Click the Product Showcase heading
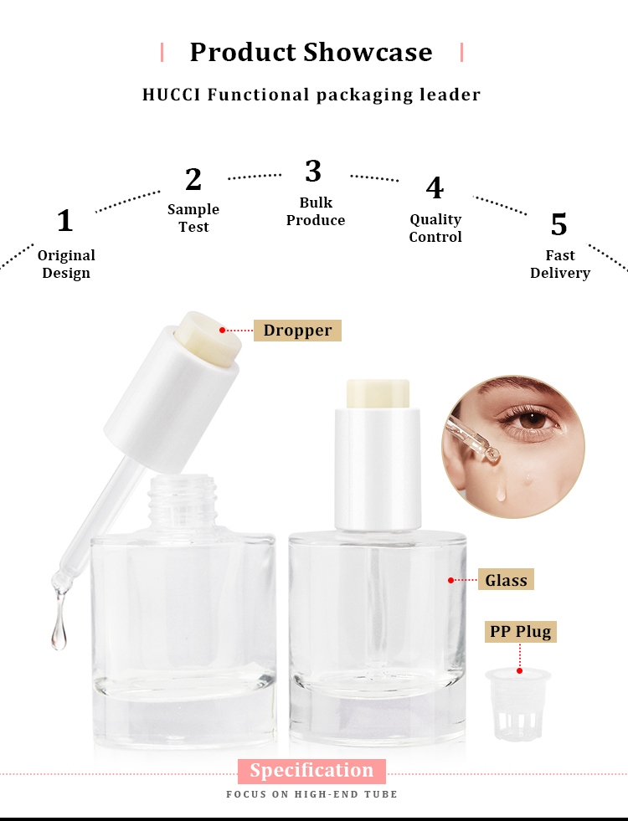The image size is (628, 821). point(311,52)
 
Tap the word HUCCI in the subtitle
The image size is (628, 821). point(172,95)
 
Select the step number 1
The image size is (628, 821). point(64,221)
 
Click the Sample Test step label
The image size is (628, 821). point(193,218)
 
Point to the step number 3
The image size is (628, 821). point(313,171)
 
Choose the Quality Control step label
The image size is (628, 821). point(435,228)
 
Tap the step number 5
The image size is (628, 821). point(559,224)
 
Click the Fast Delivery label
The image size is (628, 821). point(560,264)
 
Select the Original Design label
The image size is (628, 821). point(66,264)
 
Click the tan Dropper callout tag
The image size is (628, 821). point(297,330)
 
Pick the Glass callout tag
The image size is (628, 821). point(507,580)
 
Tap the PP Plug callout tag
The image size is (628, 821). point(521,631)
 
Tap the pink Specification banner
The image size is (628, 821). point(311,771)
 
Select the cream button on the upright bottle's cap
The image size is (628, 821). point(377,393)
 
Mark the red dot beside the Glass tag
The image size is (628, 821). point(450,580)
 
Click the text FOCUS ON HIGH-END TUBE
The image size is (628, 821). point(311,794)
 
